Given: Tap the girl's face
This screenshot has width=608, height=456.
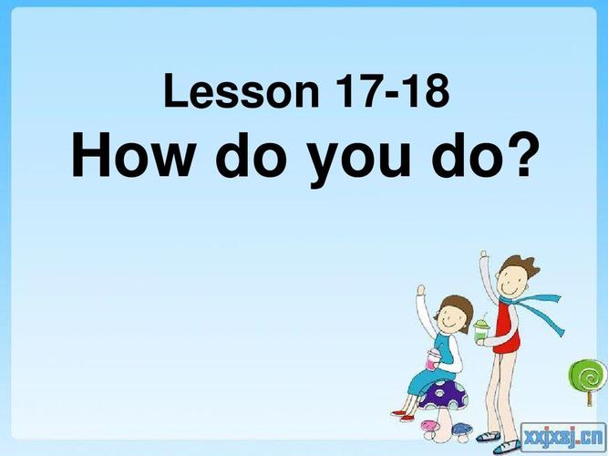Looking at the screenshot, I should tap(454, 318).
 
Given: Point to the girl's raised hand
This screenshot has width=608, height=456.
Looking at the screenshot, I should tap(420, 294).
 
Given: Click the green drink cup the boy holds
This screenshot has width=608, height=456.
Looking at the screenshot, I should tap(481, 328).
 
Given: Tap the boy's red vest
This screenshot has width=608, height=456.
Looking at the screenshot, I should tap(509, 332).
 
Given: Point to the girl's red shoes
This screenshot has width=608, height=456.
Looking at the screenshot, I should tap(404, 415).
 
